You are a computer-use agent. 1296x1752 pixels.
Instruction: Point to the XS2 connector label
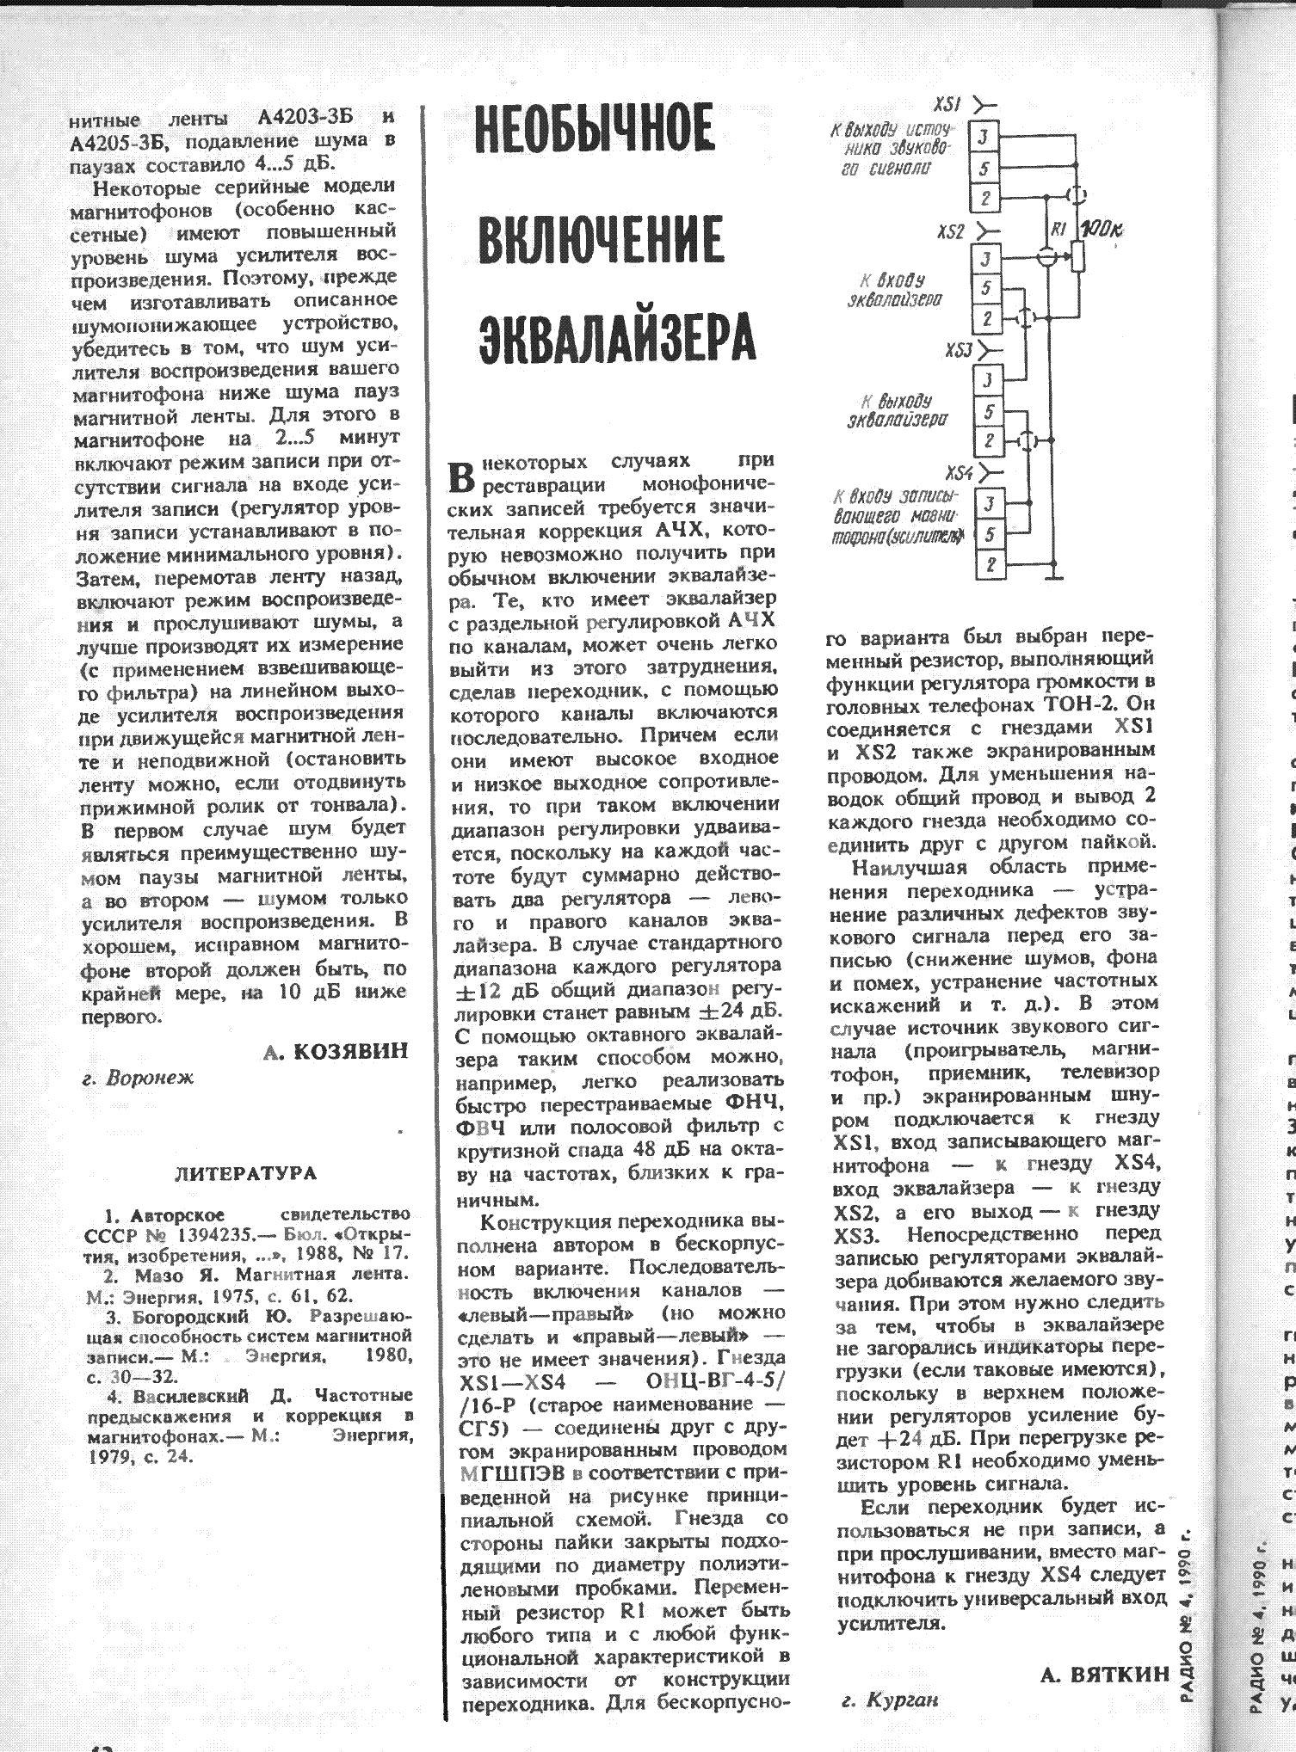[x=951, y=232]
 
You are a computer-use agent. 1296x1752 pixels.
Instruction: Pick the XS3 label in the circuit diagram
[x=959, y=351]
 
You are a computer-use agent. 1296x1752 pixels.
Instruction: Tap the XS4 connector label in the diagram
[x=959, y=474]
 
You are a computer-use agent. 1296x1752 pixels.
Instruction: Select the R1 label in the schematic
[x=1059, y=229]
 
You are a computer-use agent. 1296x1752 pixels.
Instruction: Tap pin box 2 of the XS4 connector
[x=991, y=565]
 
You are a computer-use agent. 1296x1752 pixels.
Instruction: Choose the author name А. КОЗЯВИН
[x=335, y=1051]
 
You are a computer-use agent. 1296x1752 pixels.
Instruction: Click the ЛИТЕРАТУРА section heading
[x=246, y=1173]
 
